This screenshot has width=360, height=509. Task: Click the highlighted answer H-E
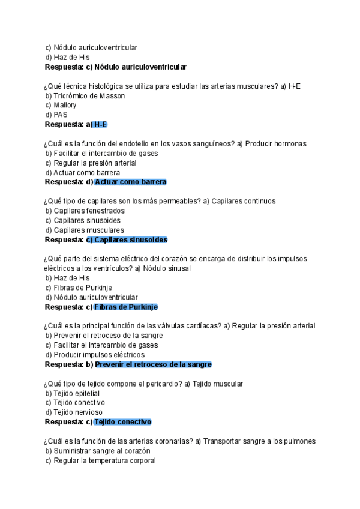click(x=100, y=124)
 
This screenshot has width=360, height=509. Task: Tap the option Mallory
click(x=65, y=106)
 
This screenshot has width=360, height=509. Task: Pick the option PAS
click(x=61, y=115)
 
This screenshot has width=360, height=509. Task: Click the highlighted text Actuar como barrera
click(x=130, y=182)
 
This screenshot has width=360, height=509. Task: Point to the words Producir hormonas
click(x=276, y=144)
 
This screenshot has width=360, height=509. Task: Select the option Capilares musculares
click(x=89, y=230)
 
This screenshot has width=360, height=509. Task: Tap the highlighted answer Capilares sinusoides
click(x=127, y=239)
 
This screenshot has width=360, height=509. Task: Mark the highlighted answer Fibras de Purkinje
click(x=125, y=307)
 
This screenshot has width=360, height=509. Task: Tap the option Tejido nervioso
click(x=78, y=412)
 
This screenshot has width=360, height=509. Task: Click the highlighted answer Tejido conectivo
click(x=122, y=422)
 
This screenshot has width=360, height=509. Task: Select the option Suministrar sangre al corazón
click(x=101, y=451)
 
